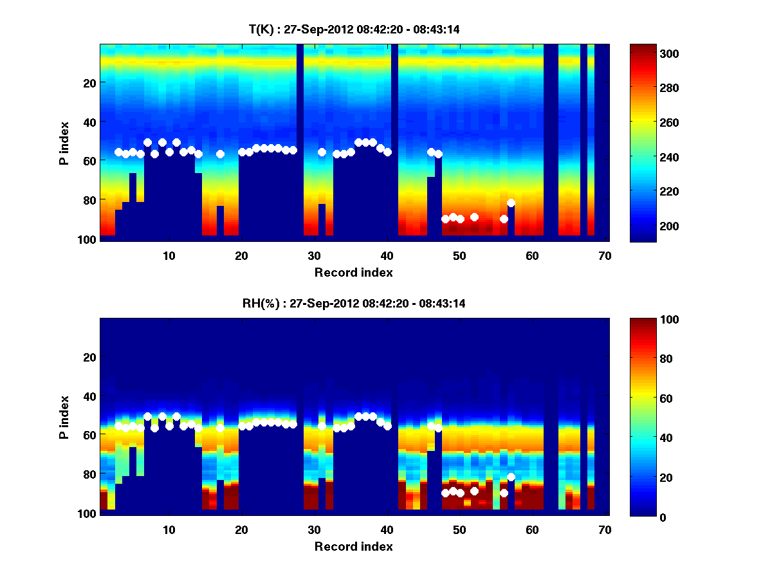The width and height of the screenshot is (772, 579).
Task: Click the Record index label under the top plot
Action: (353, 272)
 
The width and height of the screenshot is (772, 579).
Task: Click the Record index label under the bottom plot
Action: (353, 547)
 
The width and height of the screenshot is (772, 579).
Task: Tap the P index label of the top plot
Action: (64, 143)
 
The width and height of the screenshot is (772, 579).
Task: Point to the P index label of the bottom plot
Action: (64, 417)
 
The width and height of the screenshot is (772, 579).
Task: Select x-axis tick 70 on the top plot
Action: (605, 255)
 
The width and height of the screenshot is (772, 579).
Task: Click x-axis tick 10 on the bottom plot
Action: (169, 529)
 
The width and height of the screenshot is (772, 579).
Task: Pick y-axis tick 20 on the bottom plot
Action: (89, 357)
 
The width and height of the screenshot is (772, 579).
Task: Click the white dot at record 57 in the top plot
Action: (511, 203)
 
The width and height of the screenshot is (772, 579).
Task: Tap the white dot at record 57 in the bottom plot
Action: (511, 477)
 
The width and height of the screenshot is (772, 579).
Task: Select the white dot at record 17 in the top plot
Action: (220, 154)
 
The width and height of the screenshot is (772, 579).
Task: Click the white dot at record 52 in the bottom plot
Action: (474, 491)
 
